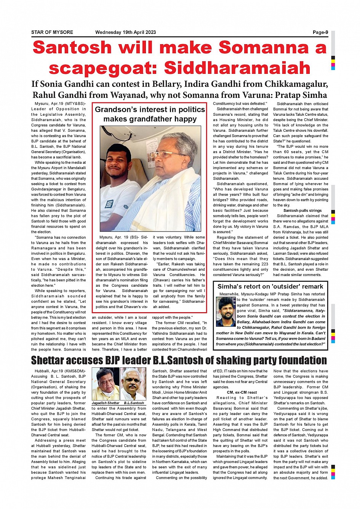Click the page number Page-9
tap(320, 32)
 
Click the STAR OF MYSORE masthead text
tap(52, 32)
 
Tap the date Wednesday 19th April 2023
tap(125, 32)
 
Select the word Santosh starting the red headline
tap(72, 48)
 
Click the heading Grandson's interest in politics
tap(150, 110)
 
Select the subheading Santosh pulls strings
tap(302, 211)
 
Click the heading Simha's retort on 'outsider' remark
tap(270, 287)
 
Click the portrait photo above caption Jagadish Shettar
tap(105, 385)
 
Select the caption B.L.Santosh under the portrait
tap(134, 403)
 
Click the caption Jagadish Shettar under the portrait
tap(106, 403)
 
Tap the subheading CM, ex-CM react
tap(242, 393)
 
